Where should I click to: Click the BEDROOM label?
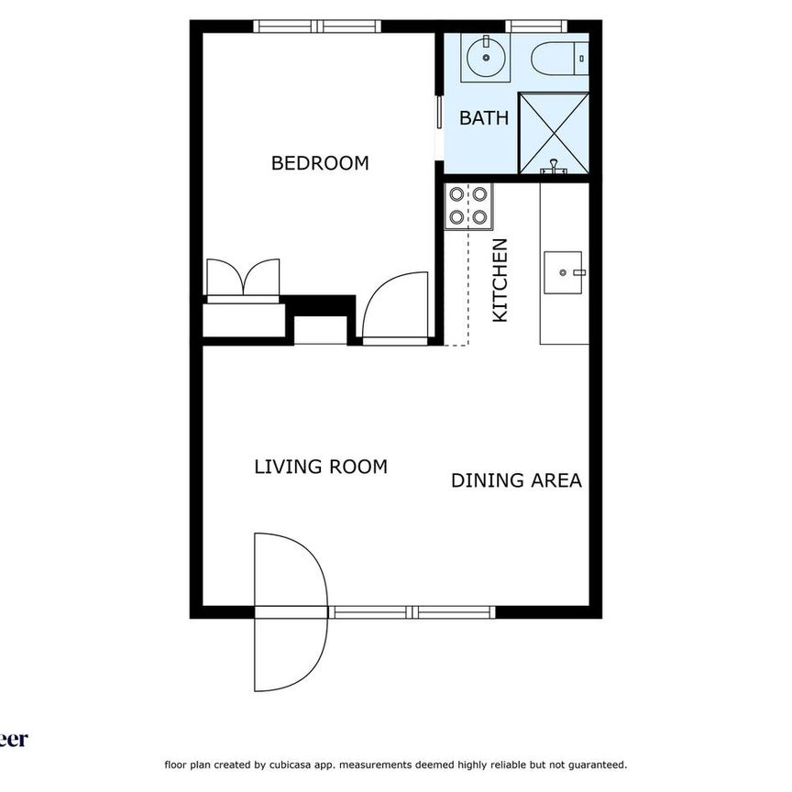click(x=320, y=163)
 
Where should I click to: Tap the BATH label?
click(x=484, y=117)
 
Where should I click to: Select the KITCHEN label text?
click(x=500, y=280)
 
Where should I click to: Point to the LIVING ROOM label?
click(x=320, y=467)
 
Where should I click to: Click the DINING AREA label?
click(x=516, y=480)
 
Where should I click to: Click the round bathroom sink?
click(x=484, y=59)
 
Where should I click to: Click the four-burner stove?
click(x=468, y=206)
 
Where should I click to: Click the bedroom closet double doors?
click(x=243, y=279)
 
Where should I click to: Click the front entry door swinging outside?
click(x=289, y=611)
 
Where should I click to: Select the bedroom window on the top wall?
click(x=317, y=26)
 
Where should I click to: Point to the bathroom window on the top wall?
click(x=535, y=26)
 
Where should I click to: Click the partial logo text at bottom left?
click(x=14, y=739)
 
